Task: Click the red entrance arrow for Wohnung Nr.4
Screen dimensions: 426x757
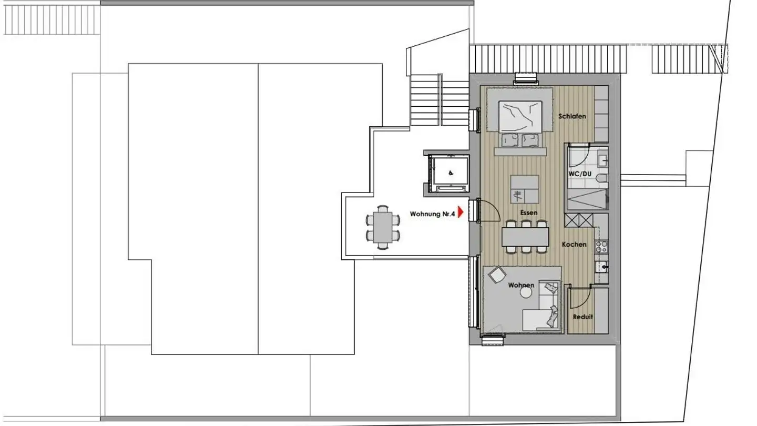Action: tap(461, 212)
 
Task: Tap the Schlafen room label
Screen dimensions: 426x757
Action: tap(572, 116)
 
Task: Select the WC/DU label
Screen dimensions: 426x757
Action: tap(579, 174)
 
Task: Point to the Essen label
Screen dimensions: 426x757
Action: tap(529, 212)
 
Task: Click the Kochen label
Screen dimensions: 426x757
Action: tap(574, 245)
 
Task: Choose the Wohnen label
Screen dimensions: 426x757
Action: tap(521, 285)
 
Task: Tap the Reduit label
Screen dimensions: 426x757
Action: tap(582, 317)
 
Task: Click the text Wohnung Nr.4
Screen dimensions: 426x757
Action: tap(432, 214)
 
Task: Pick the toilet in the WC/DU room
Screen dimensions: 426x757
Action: tap(602, 178)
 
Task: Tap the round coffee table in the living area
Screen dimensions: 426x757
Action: tap(526, 295)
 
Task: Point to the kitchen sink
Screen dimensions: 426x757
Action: tap(602, 267)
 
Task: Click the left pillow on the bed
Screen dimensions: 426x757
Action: tap(509, 140)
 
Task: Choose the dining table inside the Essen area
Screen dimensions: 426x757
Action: tap(525, 237)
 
